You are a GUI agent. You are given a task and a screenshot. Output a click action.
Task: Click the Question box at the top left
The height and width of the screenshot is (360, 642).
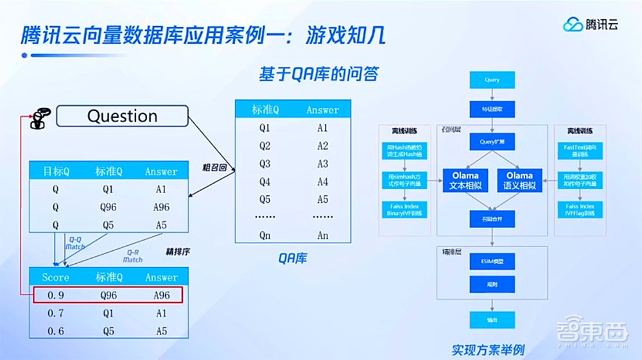click(122, 116)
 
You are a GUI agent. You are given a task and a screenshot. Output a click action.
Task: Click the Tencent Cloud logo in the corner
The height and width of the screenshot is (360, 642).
click(591, 25)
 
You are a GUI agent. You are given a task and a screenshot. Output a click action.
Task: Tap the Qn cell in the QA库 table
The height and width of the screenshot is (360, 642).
click(265, 236)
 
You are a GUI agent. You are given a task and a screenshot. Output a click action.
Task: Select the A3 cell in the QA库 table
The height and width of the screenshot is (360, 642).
click(322, 164)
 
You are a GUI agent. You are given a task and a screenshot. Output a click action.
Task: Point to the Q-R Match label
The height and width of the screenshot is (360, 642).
click(132, 256)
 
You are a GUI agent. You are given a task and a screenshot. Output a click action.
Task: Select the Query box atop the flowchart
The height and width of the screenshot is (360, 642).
click(492, 80)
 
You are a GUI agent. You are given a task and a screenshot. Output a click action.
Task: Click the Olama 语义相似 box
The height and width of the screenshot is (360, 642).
click(519, 180)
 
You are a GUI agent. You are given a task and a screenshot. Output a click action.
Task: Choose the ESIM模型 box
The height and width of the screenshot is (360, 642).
click(492, 261)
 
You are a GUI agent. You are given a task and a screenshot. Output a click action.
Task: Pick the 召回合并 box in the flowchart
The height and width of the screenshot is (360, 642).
click(492, 219)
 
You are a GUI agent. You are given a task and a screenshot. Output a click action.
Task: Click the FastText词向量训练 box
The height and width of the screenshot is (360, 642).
click(579, 151)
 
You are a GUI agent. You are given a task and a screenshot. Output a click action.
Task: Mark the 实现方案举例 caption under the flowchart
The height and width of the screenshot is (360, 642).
click(488, 350)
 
